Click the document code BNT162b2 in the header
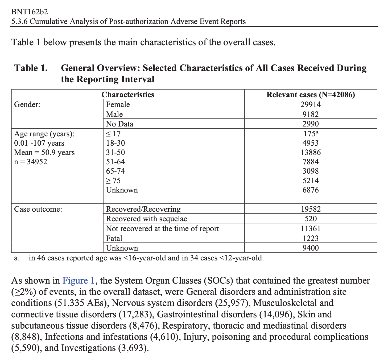(30, 12)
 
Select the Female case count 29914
(311, 104)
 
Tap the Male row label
(114, 114)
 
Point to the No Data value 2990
(311, 124)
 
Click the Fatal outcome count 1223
(311, 238)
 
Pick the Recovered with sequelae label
(146, 219)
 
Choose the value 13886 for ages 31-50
(311, 152)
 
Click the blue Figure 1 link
(79, 281)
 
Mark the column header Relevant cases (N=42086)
(311, 95)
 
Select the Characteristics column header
(128, 95)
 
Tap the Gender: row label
(27, 104)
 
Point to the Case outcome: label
(38, 209)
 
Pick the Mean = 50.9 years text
(44, 152)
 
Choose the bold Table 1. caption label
(31, 68)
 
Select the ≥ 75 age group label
(113, 181)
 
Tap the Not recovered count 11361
(311, 228)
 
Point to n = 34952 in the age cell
(31, 162)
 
